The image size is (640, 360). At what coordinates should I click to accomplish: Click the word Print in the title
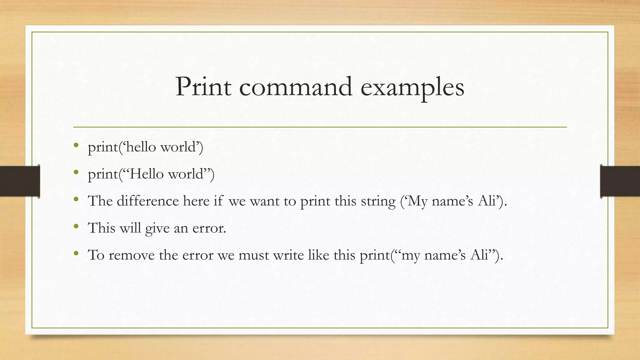pyautogui.click(x=203, y=87)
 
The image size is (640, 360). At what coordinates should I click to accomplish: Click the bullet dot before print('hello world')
pyautogui.click(x=76, y=145)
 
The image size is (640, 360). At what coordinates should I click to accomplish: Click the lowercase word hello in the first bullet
pyautogui.click(x=141, y=147)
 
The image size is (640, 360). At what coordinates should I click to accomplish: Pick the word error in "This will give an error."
pyautogui.click(x=209, y=228)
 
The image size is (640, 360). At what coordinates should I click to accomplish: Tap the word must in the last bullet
pyautogui.click(x=253, y=256)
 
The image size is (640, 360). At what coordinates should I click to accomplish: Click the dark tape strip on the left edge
pyautogui.click(x=20, y=181)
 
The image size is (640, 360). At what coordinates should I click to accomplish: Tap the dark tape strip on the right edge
pyautogui.click(x=620, y=181)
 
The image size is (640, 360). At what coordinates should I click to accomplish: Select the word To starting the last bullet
pyautogui.click(x=96, y=255)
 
